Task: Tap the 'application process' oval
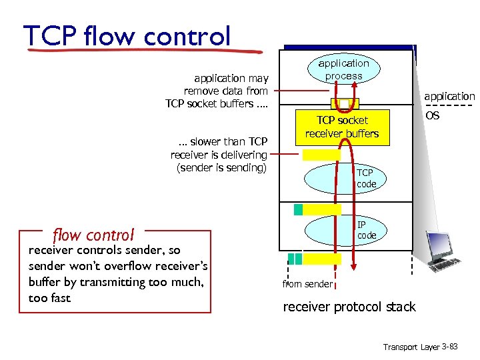tap(343, 70)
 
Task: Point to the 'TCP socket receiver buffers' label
tap(342, 127)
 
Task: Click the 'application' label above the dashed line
tap(449, 97)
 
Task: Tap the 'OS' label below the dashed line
tap(432, 116)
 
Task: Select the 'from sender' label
tap(307, 284)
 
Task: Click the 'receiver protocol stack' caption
tap(349, 307)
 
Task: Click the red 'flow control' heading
tap(93, 235)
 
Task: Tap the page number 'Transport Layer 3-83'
tap(420, 347)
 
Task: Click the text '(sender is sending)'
tap(221, 167)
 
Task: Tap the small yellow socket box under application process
tap(345, 104)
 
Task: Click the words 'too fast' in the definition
tap(49, 297)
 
